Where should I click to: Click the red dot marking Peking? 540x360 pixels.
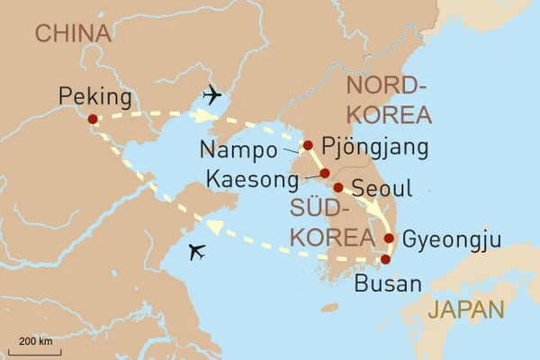click(x=93, y=118)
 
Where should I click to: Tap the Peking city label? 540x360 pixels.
click(x=94, y=95)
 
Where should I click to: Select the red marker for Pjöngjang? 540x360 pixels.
click(x=308, y=145)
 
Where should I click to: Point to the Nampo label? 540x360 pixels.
click(x=238, y=148)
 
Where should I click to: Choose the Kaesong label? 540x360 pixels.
click(x=252, y=180)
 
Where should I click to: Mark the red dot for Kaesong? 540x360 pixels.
click(x=324, y=173)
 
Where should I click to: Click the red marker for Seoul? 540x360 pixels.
click(x=337, y=188)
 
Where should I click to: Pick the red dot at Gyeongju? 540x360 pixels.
click(x=389, y=238)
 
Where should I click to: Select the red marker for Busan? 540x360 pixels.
click(x=385, y=260)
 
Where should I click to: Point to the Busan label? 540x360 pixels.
click(x=388, y=285)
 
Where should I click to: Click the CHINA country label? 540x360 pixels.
click(x=72, y=34)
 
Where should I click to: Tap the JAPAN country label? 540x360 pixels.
click(x=466, y=310)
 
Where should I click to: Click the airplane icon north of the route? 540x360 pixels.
click(x=215, y=94)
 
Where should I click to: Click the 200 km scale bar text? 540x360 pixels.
click(x=33, y=342)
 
